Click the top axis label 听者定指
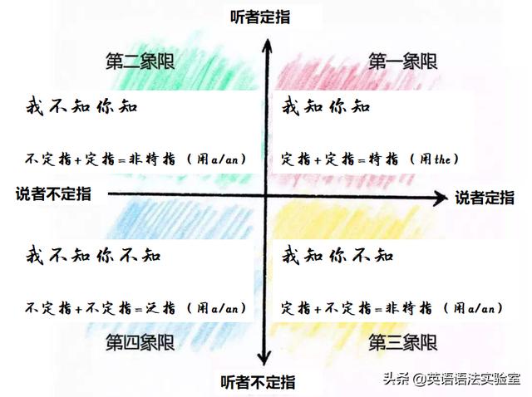(263, 15)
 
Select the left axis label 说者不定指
(53, 194)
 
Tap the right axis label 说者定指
(485, 198)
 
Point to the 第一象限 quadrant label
(403, 61)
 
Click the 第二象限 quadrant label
(140, 62)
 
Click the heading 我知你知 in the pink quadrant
(325, 107)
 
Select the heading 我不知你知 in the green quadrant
(81, 107)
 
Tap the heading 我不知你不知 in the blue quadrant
(93, 255)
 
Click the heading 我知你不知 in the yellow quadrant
(337, 255)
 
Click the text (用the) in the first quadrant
(434, 158)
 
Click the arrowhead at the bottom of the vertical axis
(264, 359)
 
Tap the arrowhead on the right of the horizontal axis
(441, 198)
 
